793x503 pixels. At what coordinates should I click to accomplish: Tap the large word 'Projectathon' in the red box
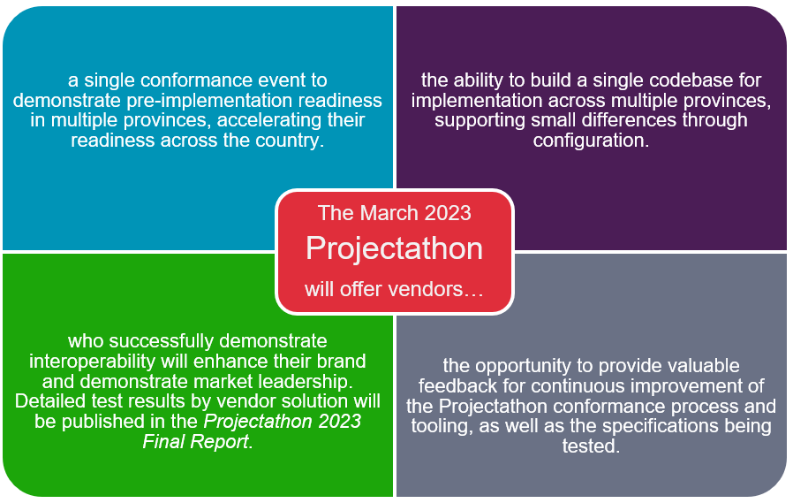point(395,249)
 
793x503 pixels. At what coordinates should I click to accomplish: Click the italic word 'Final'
point(161,442)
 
